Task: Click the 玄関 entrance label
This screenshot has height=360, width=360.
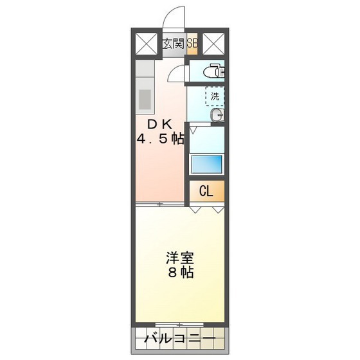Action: pyautogui.click(x=173, y=44)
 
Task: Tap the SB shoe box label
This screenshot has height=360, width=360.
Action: pyautogui.click(x=192, y=44)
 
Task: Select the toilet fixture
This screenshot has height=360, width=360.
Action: pyautogui.click(x=215, y=70)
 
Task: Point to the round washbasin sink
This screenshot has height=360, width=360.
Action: pyautogui.click(x=217, y=116)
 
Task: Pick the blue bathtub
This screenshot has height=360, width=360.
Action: pyautogui.click(x=206, y=163)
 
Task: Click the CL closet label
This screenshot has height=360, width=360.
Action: pyautogui.click(x=206, y=191)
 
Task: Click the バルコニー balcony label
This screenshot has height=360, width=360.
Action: pyautogui.click(x=179, y=337)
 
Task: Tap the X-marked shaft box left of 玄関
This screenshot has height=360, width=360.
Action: pyautogui.click(x=147, y=44)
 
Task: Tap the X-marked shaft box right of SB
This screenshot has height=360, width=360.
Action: pyautogui.click(x=213, y=44)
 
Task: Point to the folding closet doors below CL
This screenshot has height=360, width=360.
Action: pyautogui.click(x=207, y=209)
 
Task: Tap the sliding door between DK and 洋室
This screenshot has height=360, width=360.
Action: pyautogui.click(x=161, y=204)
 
